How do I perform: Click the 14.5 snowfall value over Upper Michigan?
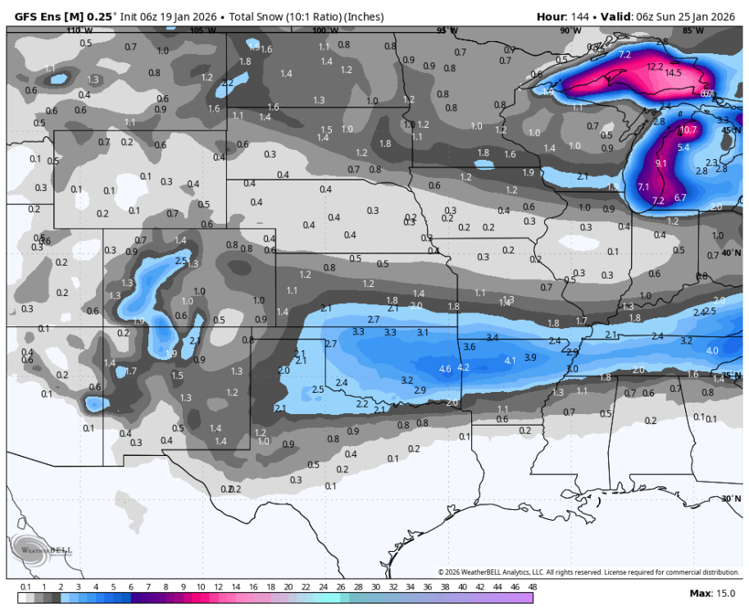[673, 73]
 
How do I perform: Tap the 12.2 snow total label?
[655, 66]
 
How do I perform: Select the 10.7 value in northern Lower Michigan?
[688, 130]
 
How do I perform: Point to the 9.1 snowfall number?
[661, 163]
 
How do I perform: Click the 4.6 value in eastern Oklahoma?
[445, 369]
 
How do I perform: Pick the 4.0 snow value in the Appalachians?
[712, 350]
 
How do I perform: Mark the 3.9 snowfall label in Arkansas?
[530, 358]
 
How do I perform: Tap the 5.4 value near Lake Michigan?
[684, 148]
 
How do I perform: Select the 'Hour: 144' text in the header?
[563, 16]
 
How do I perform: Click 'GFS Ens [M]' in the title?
[50, 16]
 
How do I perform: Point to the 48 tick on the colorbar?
[531, 586]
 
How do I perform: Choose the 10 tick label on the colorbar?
[201, 586]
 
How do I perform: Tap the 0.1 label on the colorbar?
[25, 586]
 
